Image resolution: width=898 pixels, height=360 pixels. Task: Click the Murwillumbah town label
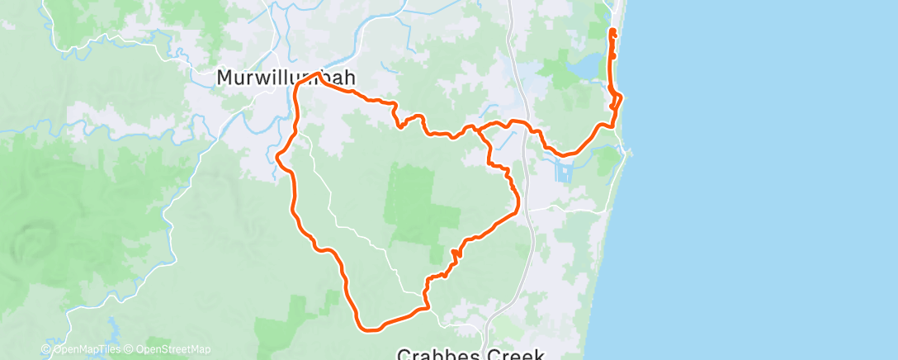click(x=286, y=78)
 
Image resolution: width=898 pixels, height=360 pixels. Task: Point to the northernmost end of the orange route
click(x=612, y=31)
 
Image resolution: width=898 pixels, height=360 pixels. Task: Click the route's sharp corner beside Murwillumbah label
click(x=317, y=75)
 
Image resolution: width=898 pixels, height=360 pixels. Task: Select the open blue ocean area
click(x=759, y=182)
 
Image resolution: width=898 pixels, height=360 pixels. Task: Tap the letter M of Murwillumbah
click(x=224, y=78)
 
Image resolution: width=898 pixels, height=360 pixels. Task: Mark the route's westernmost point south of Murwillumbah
click(x=277, y=154)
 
